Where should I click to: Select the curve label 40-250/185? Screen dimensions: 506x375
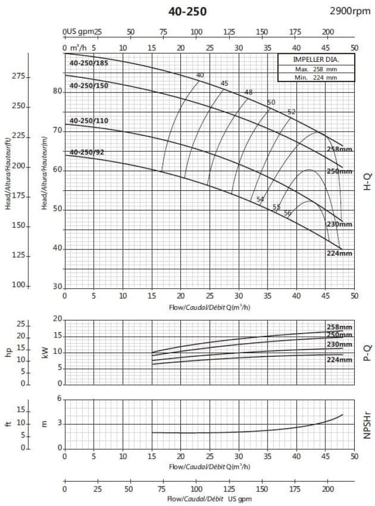pos(89,63)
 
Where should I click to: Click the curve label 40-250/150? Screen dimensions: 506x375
pos(89,86)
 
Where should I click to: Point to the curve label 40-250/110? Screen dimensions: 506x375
pos(89,120)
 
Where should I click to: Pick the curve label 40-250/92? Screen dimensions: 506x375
pos(87,152)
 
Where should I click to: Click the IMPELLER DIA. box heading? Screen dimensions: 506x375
pos(309,59)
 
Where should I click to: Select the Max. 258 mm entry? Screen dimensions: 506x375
pos(309,69)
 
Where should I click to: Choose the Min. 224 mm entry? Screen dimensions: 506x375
pos(309,77)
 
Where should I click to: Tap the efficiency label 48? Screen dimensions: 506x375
pos(248,92)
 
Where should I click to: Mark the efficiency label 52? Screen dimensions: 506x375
pos(291,112)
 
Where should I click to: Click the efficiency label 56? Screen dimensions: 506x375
pos(287,213)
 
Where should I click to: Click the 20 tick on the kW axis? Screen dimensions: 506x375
pos(57,319)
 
